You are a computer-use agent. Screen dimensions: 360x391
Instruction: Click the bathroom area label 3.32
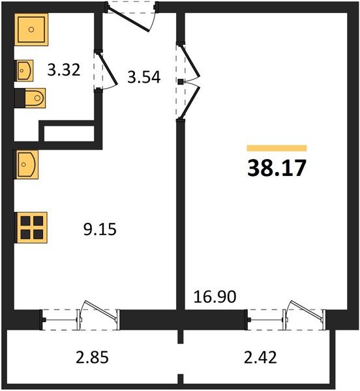(64, 70)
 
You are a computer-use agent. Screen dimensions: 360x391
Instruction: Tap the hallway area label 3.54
(143, 77)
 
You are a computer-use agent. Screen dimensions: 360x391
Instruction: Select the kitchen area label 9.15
(100, 229)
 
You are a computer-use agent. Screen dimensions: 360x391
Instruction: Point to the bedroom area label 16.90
(215, 297)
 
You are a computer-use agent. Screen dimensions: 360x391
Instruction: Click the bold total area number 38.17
(277, 168)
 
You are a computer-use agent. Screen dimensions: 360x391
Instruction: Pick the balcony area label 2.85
(92, 357)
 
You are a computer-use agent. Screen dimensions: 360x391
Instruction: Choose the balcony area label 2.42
(260, 357)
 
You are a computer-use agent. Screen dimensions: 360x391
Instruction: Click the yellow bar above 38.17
(277, 148)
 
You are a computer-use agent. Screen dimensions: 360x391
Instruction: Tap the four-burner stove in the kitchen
(31, 227)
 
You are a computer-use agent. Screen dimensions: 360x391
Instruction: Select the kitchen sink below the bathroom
(27, 165)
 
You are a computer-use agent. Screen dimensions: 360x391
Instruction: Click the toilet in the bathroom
(30, 98)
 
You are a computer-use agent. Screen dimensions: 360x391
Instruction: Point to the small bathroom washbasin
(24, 70)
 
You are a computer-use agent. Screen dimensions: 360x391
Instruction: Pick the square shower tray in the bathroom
(31, 30)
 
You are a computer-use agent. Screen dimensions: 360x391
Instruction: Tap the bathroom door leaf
(108, 68)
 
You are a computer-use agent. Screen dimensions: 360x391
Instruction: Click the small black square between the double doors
(181, 81)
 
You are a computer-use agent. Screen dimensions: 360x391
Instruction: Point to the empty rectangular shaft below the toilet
(69, 134)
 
